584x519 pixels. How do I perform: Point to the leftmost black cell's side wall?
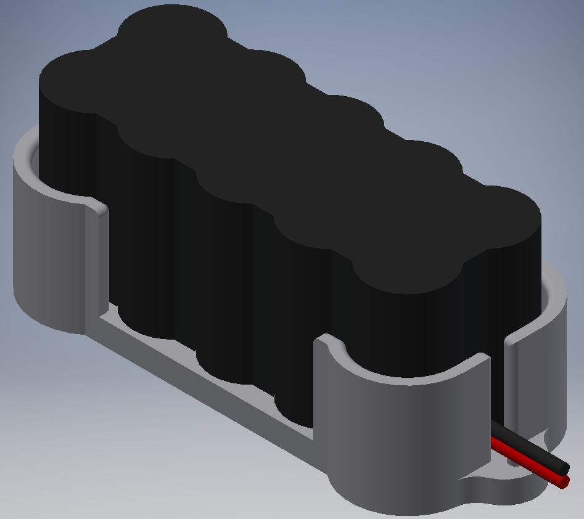tap(68, 148)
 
